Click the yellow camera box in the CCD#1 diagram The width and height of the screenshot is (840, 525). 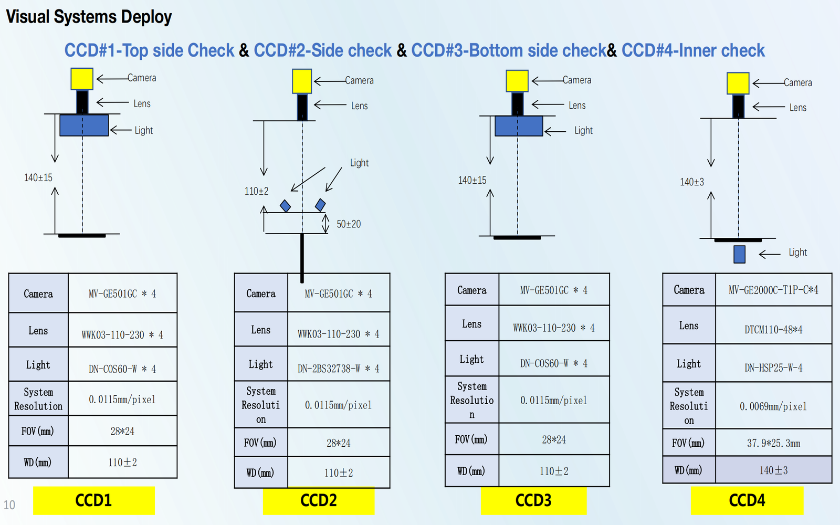tap(82, 79)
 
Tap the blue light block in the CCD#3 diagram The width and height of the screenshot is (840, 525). tap(519, 125)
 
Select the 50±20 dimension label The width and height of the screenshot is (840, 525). tap(349, 224)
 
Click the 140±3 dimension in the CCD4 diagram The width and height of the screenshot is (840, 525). tap(692, 182)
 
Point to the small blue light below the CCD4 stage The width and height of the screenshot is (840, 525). tap(740, 254)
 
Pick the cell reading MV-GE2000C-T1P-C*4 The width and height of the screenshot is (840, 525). tap(774, 290)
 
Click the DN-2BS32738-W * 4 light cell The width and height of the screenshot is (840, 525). tap(339, 364)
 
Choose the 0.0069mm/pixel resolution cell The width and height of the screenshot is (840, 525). tap(774, 406)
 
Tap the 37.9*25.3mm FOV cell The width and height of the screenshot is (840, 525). tap(774, 443)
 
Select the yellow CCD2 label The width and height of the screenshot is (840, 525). tap(319, 501)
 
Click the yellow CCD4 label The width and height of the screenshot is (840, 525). tap(747, 501)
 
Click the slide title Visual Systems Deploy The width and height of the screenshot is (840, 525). tap(89, 17)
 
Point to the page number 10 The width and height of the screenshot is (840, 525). tap(9, 505)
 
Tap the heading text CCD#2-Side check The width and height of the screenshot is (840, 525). tap(322, 50)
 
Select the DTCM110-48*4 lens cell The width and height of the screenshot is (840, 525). tap(774, 325)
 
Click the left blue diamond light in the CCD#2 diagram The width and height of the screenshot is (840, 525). tap(286, 206)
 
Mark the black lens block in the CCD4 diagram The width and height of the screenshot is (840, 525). tap(738, 107)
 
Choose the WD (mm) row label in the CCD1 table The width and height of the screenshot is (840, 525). tap(38, 463)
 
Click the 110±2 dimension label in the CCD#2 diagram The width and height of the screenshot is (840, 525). tap(257, 191)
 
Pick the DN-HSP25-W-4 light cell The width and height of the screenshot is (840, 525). tap(774, 363)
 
